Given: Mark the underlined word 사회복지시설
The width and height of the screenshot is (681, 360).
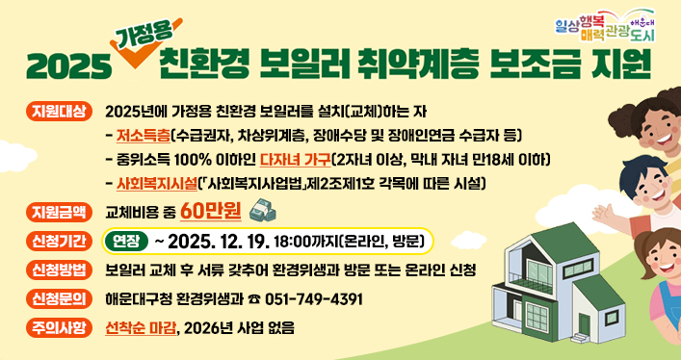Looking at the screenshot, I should click(158, 182).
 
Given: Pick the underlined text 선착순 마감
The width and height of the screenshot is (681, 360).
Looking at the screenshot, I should click(143, 327).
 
